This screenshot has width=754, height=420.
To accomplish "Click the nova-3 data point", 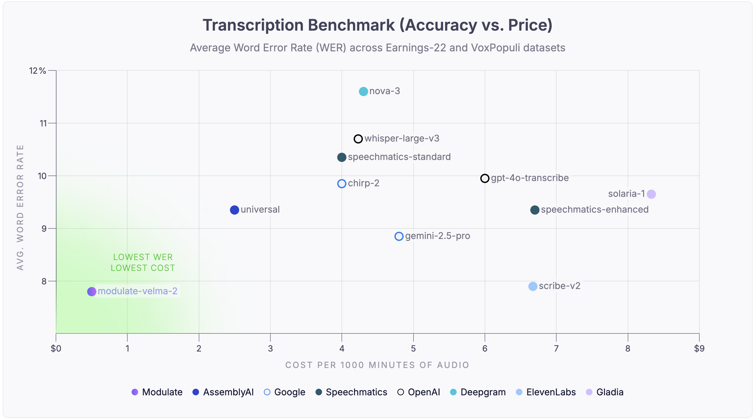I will tap(363, 92).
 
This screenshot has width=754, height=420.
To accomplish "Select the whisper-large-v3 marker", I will tap(358, 139).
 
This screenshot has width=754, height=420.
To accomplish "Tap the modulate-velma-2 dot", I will tap(91, 292).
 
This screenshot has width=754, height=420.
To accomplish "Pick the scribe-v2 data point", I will tap(533, 286).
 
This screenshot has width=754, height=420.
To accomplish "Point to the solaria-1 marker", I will tap(651, 194).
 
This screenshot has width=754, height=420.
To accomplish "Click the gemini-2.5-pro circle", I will tap(399, 236).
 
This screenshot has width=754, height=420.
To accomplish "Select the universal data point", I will tap(234, 210).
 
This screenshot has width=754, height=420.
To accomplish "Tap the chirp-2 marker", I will tap(342, 184).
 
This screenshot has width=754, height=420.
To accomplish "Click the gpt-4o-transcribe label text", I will tap(530, 178).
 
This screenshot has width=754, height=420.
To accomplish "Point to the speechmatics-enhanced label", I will tap(594, 210).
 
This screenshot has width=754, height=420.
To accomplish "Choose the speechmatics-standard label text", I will tap(399, 157).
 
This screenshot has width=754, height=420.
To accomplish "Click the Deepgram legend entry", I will tap(478, 392).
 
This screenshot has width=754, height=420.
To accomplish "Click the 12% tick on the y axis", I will tap(38, 71).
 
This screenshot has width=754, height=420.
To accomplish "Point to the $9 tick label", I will tap(699, 349).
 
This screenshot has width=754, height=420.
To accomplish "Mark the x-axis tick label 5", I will tap(413, 349).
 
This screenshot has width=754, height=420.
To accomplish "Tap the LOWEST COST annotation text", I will tap(143, 268).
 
